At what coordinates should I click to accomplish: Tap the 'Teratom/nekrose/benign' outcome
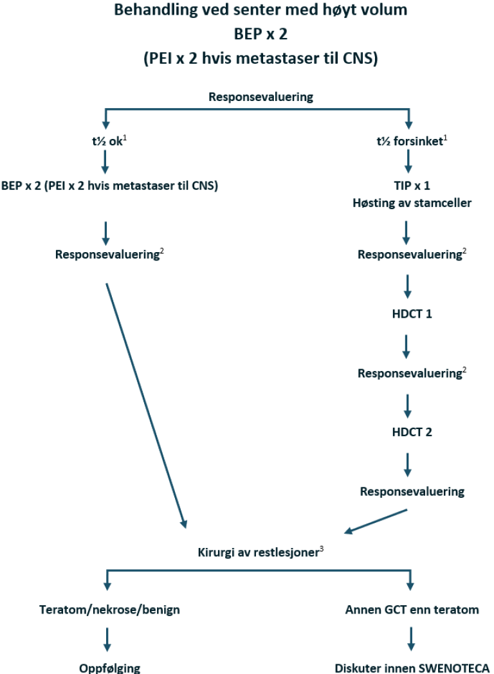point(110,609)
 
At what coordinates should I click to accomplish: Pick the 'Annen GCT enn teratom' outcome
point(412,609)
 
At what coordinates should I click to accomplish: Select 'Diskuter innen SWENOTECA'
point(412,668)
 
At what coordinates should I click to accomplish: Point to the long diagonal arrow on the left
point(146,405)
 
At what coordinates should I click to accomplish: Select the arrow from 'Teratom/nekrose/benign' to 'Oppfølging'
point(107,639)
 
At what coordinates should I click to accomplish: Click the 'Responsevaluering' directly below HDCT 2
point(412,492)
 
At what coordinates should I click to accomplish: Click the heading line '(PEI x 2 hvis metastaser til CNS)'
point(261,58)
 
